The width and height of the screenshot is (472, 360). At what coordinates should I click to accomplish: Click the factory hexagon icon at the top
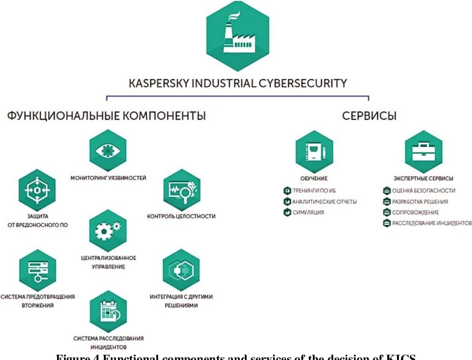click(x=237, y=36)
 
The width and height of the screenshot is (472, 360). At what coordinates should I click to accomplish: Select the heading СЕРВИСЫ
click(x=369, y=116)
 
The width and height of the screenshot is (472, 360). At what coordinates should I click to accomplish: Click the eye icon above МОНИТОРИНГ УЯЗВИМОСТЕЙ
click(x=108, y=150)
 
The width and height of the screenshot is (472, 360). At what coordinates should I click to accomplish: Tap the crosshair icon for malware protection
click(x=37, y=190)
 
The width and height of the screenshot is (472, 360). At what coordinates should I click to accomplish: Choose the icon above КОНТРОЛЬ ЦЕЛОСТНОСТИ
click(x=182, y=190)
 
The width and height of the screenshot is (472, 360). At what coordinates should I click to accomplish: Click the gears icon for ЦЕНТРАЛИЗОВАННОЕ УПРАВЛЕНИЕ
click(x=108, y=230)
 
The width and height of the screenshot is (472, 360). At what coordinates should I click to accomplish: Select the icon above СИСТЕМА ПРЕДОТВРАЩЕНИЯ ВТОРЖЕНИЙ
click(x=38, y=270)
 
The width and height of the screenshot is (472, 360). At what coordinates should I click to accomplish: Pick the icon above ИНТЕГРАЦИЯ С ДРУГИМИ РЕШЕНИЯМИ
click(x=181, y=270)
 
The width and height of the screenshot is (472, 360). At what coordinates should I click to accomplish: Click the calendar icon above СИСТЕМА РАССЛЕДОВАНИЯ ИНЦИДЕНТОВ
click(x=108, y=311)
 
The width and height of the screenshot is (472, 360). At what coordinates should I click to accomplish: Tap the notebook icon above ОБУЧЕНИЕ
click(x=314, y=152)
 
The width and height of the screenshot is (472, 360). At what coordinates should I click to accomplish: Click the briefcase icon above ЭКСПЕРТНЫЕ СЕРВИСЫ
click(x=423, y=152)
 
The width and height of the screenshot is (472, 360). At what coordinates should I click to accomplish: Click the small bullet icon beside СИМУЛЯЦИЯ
click(x=287, y=213)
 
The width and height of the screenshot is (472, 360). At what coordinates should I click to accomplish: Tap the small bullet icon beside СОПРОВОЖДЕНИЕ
click(x=387, y=213)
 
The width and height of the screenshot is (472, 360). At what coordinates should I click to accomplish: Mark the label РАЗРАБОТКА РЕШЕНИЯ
click(x=420, y=202)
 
